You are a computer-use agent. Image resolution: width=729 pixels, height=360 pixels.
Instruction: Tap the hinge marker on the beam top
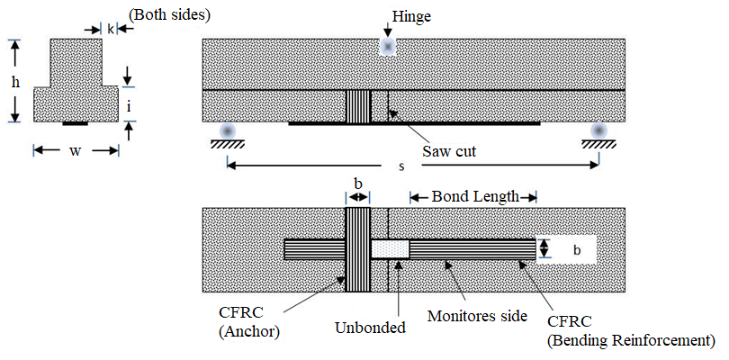(388, 46)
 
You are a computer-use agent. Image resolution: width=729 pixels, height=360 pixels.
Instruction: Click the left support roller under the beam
(228, 130)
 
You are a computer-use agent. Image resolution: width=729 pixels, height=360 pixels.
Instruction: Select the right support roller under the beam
(598, 130)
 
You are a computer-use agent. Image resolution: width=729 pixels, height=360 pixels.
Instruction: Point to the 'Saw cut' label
(449, 152)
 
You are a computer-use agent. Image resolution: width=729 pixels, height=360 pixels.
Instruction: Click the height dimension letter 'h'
(15, 82)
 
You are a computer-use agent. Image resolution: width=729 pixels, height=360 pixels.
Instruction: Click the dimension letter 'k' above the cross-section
(111, 29)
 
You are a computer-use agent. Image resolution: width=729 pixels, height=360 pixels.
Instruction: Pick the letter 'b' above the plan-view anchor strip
(358, 184)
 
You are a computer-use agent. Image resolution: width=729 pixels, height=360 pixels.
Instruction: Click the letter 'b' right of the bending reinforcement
(577, 249)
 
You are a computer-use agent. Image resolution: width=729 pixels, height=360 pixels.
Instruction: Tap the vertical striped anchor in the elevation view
(358, 106)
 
